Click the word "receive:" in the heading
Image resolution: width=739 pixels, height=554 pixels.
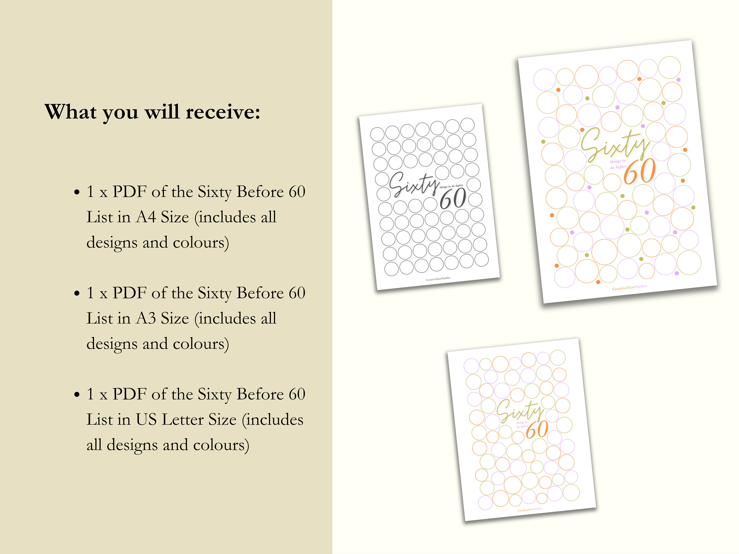223,112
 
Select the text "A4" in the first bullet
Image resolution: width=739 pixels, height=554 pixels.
146,217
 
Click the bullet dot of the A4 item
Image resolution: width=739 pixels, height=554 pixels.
77,192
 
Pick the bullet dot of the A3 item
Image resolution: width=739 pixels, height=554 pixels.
77,293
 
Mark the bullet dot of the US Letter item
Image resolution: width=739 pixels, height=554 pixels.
77,395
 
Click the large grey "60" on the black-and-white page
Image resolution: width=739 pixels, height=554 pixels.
453,198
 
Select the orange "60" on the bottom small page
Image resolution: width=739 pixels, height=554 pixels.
537,429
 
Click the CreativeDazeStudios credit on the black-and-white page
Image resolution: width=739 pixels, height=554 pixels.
438,279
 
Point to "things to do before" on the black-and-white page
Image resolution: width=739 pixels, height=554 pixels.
451,186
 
